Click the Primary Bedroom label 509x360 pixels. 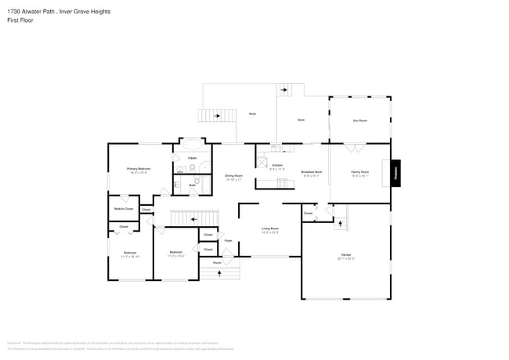point(139,169)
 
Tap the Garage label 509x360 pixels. point(345,255)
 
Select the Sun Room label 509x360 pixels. point(359,120)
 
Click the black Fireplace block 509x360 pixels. point(396,172)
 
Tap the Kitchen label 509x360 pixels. point(277,165)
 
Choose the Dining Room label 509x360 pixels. point(233,176)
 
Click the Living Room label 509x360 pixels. point(270,229)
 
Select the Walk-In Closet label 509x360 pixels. point(124,209)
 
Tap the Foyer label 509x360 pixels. point(228,240)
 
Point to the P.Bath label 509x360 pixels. point(192,158)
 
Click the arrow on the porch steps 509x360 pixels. point(227,272)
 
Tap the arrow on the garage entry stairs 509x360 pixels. point(340,224)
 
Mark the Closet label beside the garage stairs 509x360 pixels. point(308,213)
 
